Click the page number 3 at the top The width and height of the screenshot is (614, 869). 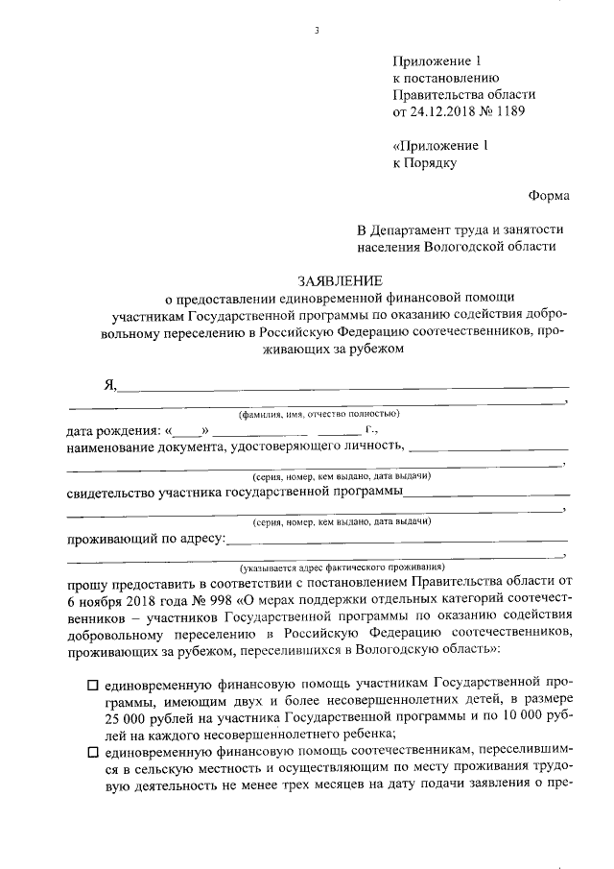tap(316, 33)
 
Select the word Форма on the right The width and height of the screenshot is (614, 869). tap(548, 196)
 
